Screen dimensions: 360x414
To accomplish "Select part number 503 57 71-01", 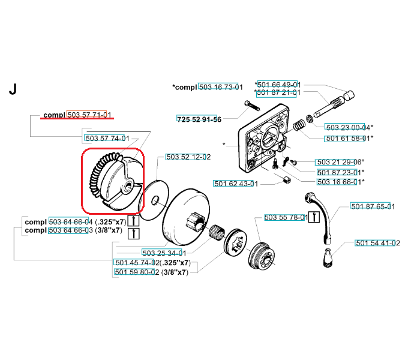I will (x=89, y=115).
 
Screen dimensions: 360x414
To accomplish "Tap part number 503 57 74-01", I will (x=107, y=138).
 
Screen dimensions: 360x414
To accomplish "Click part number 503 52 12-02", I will (x=187, y=157).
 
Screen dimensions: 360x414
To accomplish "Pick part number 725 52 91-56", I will (x=199, y=119).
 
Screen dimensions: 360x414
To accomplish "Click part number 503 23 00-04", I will (x=348, y=127).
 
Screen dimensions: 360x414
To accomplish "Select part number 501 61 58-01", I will (x=348, y=139).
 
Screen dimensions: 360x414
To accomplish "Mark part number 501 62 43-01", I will (x=236, y=183).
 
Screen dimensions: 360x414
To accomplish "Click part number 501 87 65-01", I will (x=373, y=207).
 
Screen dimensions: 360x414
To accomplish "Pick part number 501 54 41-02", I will (x=377, y=243).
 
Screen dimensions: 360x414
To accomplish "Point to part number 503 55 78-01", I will (x=285, y=217).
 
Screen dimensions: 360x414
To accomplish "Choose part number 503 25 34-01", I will (x=163, y=253).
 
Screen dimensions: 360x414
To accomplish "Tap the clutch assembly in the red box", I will (x=113, y=179).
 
